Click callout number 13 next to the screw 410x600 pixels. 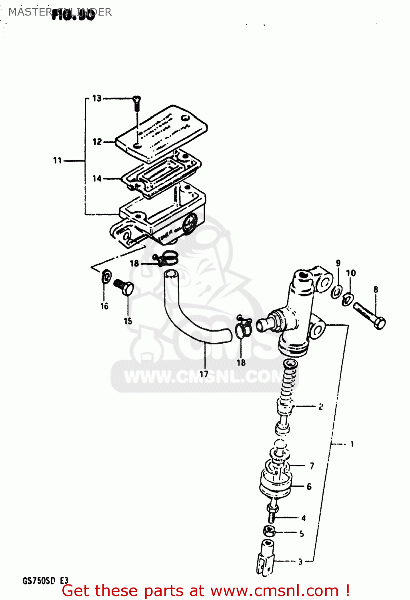click(97, 98)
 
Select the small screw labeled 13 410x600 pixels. click(137, 103)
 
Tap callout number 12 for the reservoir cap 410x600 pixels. click(97, 142)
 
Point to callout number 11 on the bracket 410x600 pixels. click(58, 160)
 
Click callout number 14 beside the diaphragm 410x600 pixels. click(97, 178)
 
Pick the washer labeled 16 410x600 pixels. click(106, 276)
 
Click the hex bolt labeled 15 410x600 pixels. click(124, 287)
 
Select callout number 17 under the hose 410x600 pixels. click(204, 374)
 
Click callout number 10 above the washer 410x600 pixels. click(351, 273)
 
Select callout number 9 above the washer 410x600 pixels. click(338, 263)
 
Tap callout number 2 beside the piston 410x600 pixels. click(321, 407)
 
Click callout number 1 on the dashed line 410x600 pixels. click(352, 444)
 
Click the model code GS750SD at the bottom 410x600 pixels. click(38, 580)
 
